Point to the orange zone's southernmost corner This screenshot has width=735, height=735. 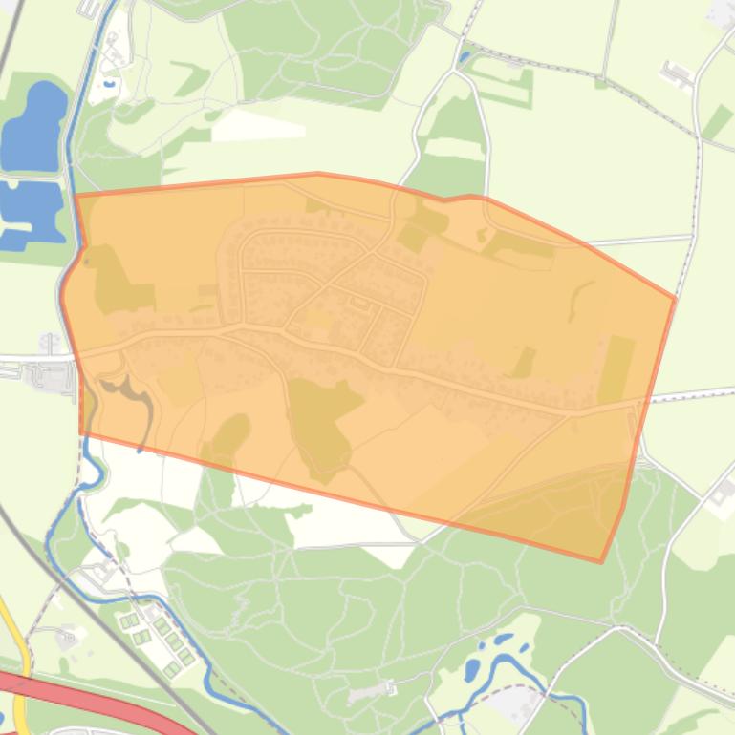pos(601,561)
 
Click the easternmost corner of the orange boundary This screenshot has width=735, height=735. pos(675,300)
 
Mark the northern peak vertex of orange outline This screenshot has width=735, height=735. pos(318,174)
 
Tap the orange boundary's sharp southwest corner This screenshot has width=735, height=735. pos(81,432)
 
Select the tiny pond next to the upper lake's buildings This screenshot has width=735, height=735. pos(108,84)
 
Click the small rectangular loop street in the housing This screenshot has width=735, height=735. pos(360,304)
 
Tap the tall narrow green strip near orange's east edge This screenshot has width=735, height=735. pos(617,368)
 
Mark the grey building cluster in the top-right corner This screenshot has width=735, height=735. pos(722,14)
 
